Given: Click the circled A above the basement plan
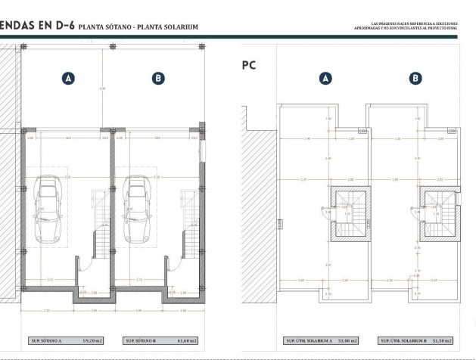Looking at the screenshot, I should [x=69, y=78].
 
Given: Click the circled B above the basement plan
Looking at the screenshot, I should [x=158, y=78].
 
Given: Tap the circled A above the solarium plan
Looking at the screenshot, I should [x=326, y=78].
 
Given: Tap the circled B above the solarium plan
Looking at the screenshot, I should [x=415, y=78].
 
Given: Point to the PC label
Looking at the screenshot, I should [x=248, y=65].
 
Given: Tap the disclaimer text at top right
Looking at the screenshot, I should [x=406, y=26].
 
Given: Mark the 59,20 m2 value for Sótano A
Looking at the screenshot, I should [x=92, y=341].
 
